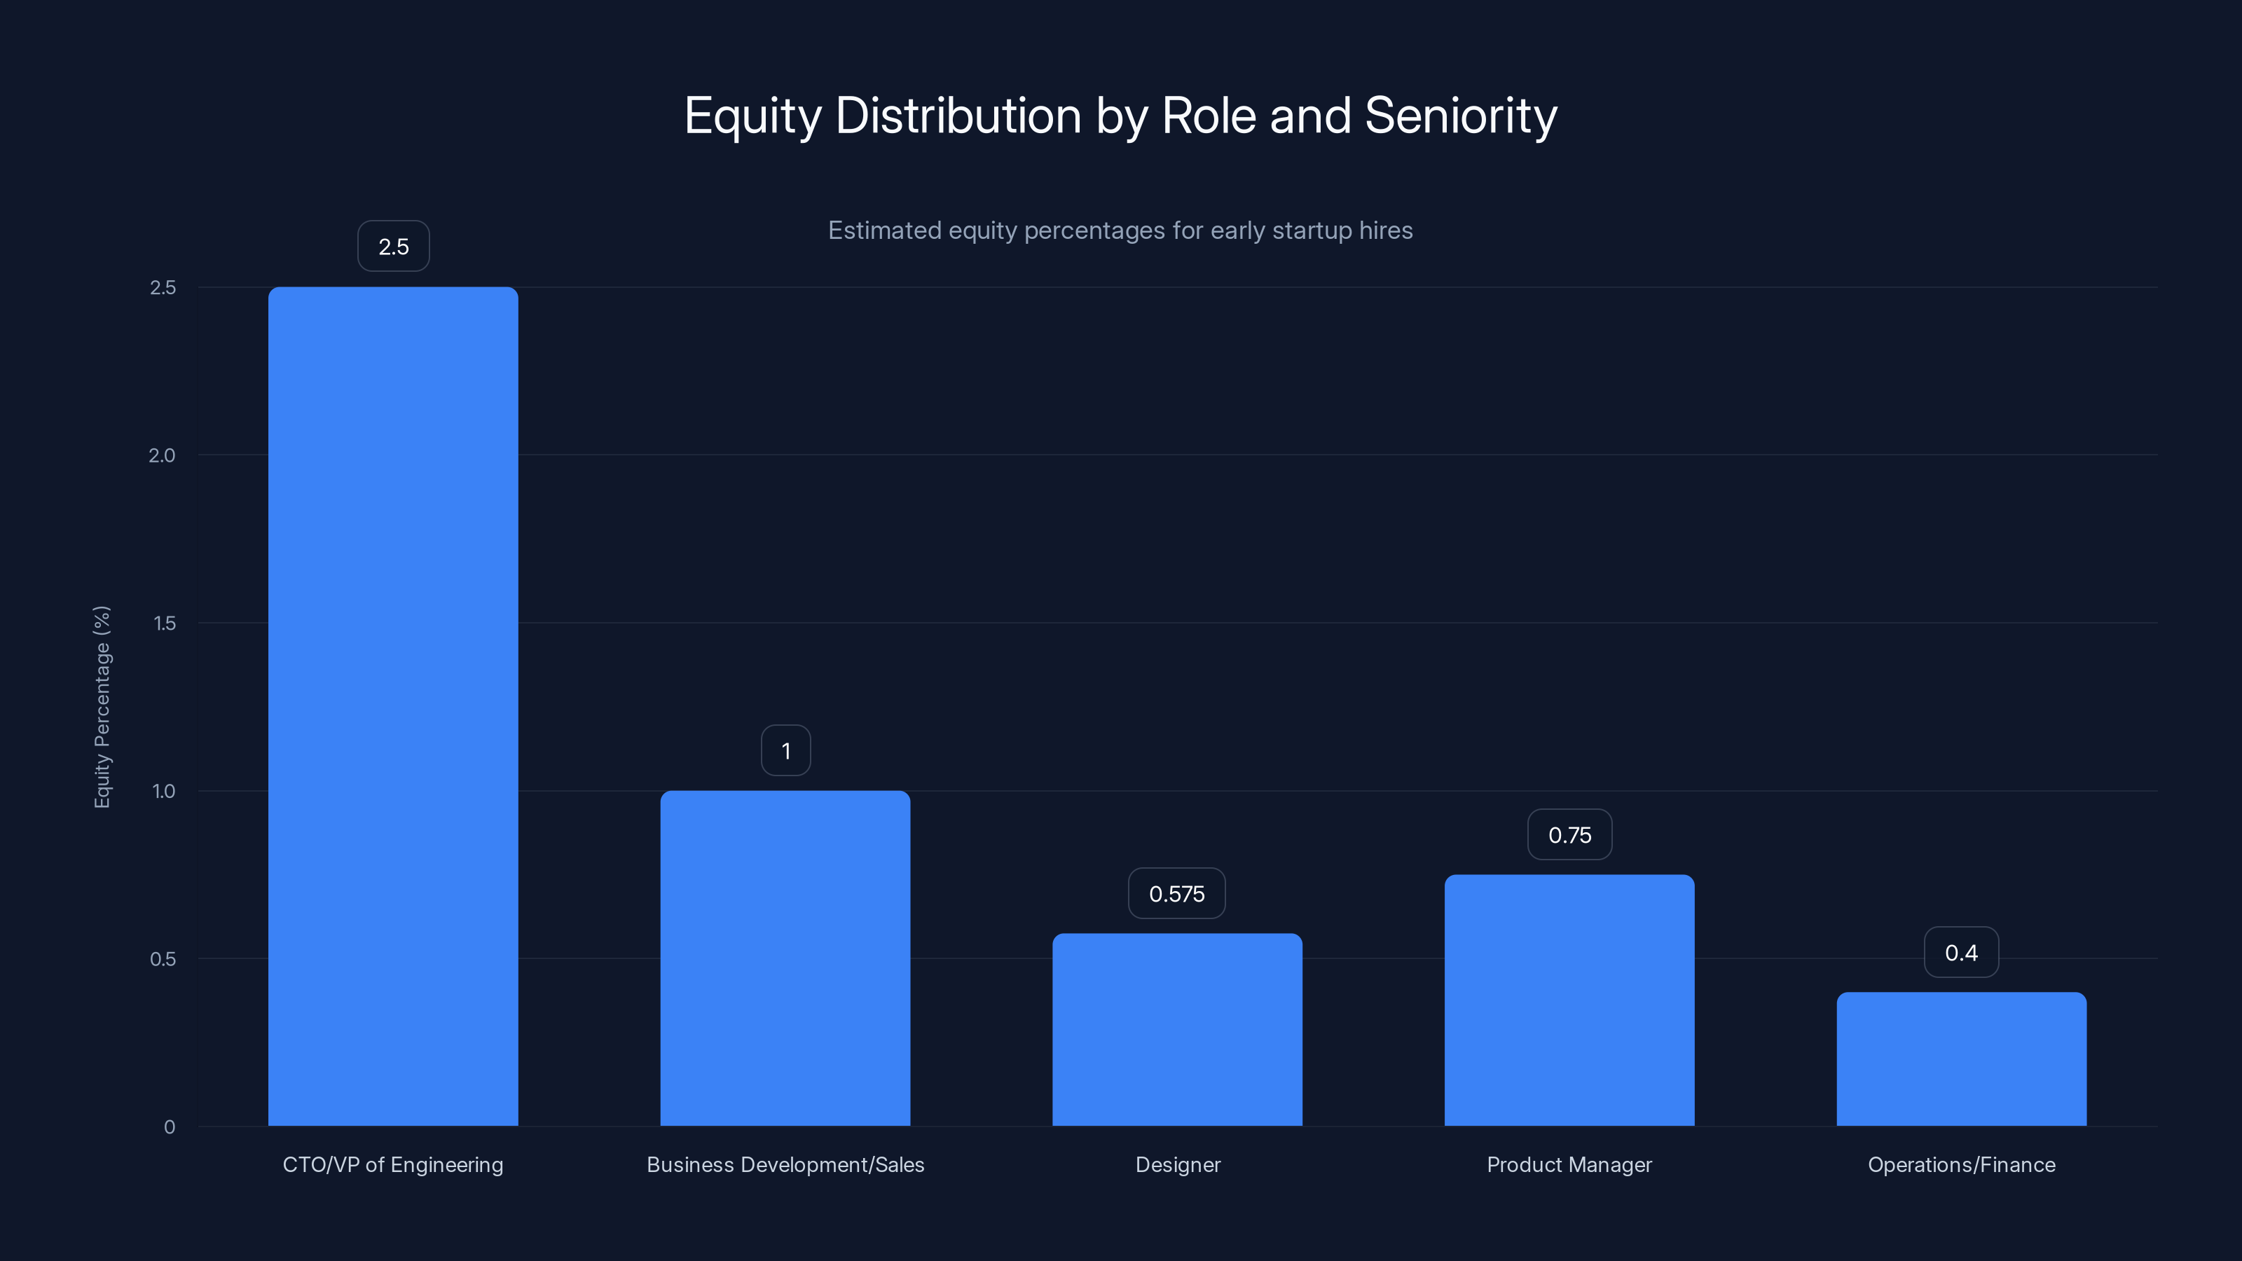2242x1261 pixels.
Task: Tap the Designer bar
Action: click(1177, 1030)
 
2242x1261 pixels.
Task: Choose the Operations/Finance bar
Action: click(1961, 1059)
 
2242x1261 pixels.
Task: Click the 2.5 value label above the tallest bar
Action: click(393, 247)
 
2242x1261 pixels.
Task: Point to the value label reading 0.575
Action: click(1177, 894)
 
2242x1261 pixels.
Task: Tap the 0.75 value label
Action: click(1569, 834)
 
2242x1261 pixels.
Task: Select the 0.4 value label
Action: click(1961, 952)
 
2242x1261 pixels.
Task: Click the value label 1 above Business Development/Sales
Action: click(786, 750)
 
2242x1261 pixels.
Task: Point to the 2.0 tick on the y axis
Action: click(162, 455)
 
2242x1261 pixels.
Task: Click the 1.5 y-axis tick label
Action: click(164, 623)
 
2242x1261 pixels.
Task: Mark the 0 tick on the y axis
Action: click(170, 1127)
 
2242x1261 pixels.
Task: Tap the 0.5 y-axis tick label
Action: click(163, 959)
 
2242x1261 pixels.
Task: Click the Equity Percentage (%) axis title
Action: click(102, 707)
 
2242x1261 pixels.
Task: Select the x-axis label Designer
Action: click(1178, 1164)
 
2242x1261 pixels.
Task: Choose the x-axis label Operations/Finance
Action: click(1961, 1164)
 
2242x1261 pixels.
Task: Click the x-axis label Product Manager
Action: click(1569, 1164)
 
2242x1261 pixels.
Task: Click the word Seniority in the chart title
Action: click(1460, 116)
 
